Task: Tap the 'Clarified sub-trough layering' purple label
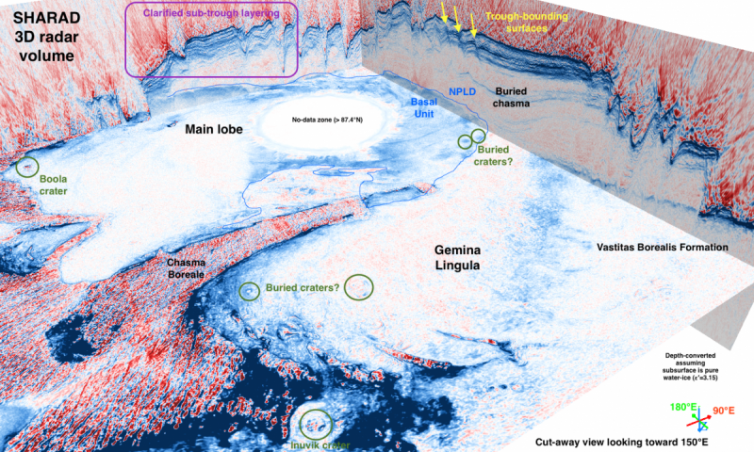(x=212, y=13)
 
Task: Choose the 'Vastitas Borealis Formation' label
(x=663, y=247)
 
